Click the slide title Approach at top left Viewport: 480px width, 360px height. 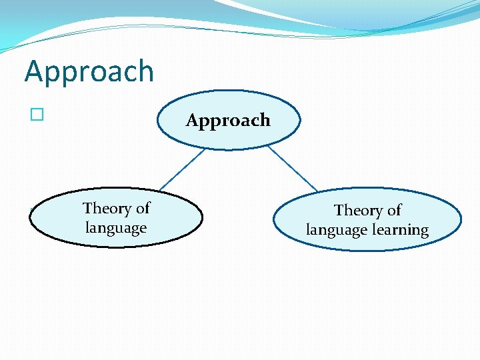point(89,72)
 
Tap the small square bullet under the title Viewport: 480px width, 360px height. point(37,115)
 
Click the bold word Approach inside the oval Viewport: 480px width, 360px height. point(228,121)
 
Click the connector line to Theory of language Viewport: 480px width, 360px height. point(181,169)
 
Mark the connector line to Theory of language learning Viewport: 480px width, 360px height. point(292,168)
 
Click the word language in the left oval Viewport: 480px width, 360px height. point(116,228)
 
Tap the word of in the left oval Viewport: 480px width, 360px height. point(143,209)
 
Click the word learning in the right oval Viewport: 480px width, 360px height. point(400,231)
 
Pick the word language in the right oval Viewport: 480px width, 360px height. point(336,231)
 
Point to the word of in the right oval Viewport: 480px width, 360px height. point(394,211)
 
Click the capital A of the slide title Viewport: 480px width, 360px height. point(35,71)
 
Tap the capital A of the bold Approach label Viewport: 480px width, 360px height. point(193,121)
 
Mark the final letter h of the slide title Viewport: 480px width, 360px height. point(145,71)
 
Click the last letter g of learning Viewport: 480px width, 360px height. point(424,232)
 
